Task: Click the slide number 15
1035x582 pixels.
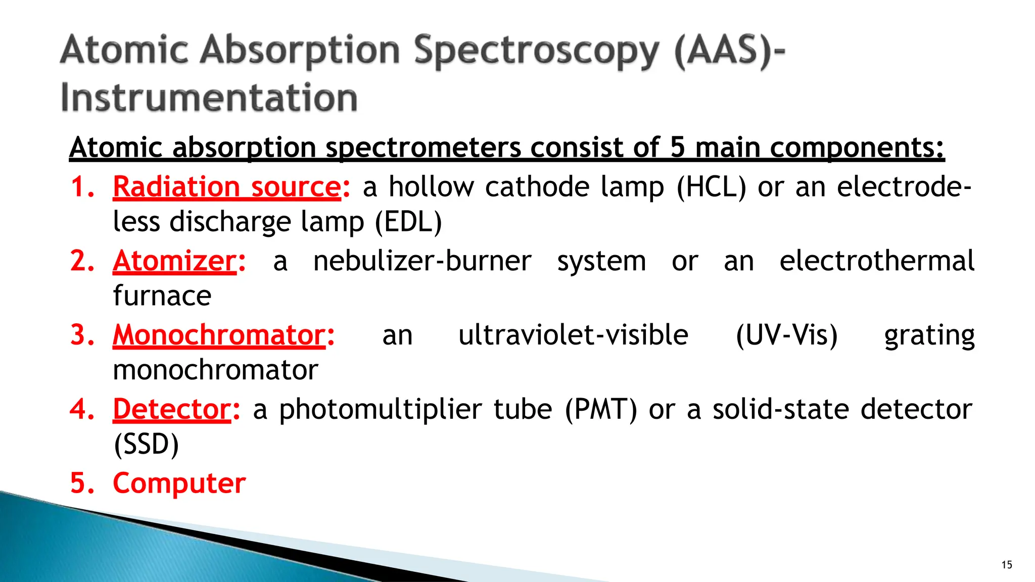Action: pyautogui.click(x=1006, y=565)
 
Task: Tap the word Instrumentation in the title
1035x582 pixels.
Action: pyautogui.click(x=209, y=98)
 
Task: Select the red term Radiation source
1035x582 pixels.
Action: pyautogui.click(x=227, y=187)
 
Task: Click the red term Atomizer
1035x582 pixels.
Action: pyautogui.click(x=174, y=261)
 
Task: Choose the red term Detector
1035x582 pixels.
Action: pyautogui.click(x=172, y=409)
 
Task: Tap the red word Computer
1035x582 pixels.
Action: pyautogui.click(x=179, y=483)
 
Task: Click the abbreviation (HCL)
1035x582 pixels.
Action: pyautogui.click(x=711, y=187)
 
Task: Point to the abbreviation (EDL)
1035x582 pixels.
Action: pyautogui.click(x=408, y=222)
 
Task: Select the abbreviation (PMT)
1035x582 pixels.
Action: pyautogui.click(x=601, y=409)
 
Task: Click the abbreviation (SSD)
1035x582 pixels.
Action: pyautogui.click(x=146, y=445)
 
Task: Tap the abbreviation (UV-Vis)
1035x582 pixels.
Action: pyautogui.click(x=786, y=335)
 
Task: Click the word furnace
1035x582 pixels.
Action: pyautogui.click(x=162, y=296)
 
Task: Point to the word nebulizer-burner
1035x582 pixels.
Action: pyautogui.click(x=422, y=261)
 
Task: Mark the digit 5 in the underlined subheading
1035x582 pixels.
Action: pyautogui.click(x=677, y=148)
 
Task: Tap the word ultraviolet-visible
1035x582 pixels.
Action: pyautogui.click(x=573, y=335)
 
